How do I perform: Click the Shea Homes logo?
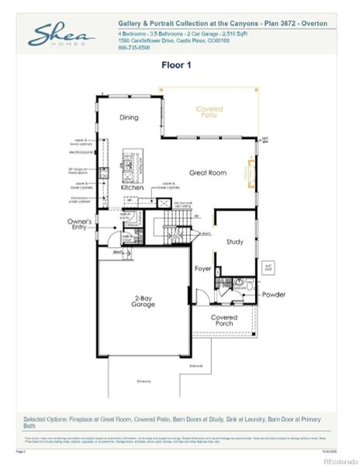62,36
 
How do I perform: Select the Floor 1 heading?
179,65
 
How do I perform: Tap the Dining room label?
130,117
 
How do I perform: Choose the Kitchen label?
132,188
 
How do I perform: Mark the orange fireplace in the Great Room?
251,173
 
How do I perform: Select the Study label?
234,242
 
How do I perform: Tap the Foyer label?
203,269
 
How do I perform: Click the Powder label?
273,294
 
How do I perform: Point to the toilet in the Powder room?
239,285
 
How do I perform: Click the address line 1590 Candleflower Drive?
175,42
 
